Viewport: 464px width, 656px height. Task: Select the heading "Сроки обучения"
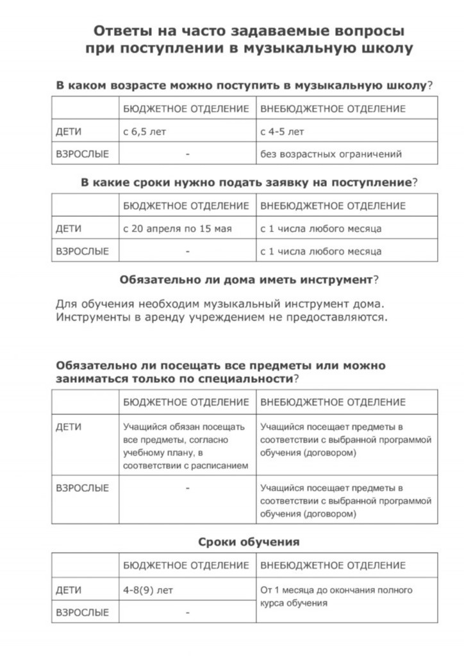tap(249, 542)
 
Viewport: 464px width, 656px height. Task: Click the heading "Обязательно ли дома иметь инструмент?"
tap(249, 280)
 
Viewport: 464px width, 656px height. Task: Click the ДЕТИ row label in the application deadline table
tap(69, 228)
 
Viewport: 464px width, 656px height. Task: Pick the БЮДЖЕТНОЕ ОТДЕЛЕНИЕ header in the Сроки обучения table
tap(186, 565)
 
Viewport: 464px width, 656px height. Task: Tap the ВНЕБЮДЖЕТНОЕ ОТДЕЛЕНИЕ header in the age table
tap(333, 109)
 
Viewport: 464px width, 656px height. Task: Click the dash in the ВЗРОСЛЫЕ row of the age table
tap(187, 154)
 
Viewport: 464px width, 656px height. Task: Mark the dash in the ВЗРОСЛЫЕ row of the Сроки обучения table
tap(187, 612)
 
